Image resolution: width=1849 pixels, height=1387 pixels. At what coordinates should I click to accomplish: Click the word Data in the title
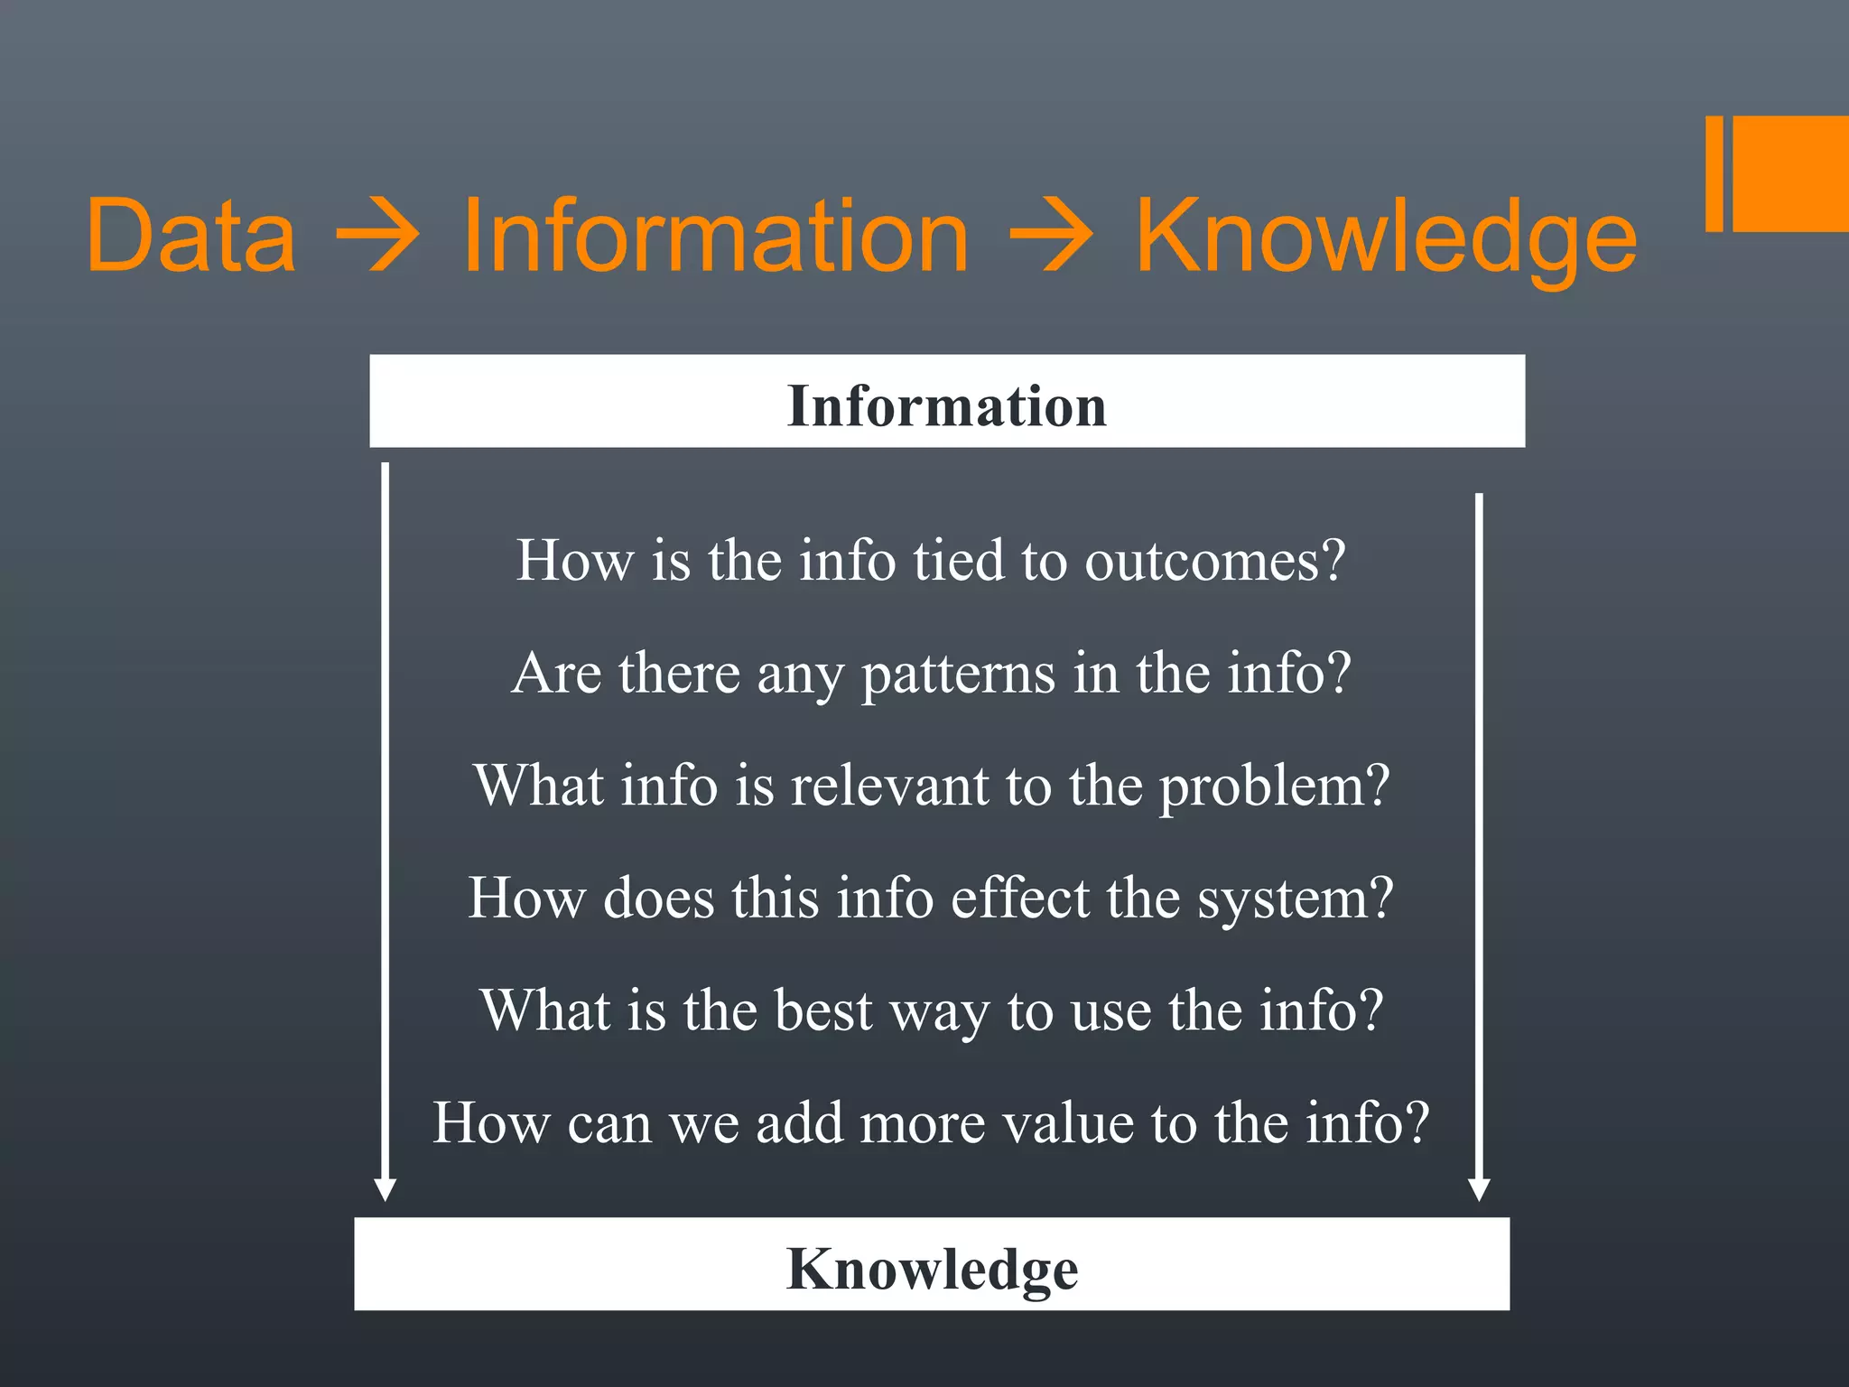pos(191,236)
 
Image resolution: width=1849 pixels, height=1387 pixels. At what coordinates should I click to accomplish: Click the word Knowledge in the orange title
pos(1386,237)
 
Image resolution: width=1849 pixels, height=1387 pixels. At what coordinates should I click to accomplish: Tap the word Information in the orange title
pos(715,236)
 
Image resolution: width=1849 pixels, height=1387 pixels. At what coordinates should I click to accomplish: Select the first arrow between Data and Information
pos(377,237)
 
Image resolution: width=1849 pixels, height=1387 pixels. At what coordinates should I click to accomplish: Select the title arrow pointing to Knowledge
pos(1051,237)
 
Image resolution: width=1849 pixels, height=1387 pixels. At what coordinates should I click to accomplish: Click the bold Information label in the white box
pos(946,405)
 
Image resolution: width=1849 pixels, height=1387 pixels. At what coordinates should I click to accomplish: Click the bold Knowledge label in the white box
pos(932,1269)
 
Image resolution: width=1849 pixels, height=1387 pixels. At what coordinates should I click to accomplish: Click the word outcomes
pos(1214,561)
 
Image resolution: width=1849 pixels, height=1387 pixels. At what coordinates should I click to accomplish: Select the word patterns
pos(958,675)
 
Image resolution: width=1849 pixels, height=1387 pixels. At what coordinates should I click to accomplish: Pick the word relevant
pos(889,786)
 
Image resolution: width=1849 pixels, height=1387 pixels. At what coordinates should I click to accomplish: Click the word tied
pos(958,561)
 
